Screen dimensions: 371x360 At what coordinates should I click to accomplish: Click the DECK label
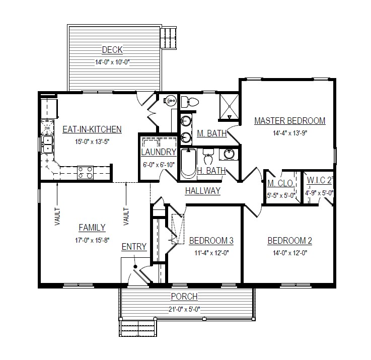(112, 50)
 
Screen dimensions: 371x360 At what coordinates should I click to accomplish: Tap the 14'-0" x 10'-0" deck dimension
(112, 62)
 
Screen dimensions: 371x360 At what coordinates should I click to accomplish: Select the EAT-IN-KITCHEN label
(92, 129)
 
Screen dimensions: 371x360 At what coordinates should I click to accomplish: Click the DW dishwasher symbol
(47, 128)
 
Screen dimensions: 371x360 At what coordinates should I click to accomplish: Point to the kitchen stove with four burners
(85, 172)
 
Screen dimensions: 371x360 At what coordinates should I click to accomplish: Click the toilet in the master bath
(190, 102)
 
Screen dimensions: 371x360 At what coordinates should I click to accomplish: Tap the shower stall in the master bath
(229, 107)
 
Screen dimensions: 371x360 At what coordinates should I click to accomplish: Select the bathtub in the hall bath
(189, 164)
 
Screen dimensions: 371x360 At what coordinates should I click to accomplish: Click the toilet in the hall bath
(208, 157)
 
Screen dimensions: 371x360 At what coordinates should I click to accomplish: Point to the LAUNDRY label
(159, 152)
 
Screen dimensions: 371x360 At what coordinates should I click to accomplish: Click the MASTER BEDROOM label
(290, 121)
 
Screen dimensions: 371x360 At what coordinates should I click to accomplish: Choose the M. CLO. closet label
(281, 183)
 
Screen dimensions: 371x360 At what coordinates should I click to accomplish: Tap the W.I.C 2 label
(320, 180)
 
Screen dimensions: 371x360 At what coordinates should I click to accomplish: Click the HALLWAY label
(203, 191)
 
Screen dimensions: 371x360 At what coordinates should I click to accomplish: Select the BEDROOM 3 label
(211, 241)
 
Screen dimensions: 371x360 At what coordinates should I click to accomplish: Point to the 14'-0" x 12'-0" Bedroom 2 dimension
(290, 253)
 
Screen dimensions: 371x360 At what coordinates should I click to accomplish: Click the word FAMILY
(92, 228)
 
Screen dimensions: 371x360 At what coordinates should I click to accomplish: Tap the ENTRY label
(134, 247)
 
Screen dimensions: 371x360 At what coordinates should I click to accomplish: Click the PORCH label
(184, 297)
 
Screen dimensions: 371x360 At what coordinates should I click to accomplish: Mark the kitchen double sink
(47, 145)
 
